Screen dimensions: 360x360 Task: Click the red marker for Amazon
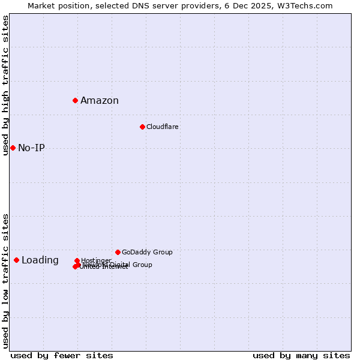point(75,100)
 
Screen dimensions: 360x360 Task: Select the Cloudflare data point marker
point(142,127)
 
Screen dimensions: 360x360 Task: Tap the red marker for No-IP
point(13,148)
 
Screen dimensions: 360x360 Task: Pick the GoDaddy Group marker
point(118,252)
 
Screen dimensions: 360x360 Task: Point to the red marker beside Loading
point(16,260)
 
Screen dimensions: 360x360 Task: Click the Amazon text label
point(100,101)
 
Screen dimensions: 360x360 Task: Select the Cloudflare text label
point(163,127)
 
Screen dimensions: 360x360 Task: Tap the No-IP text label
point(31,148)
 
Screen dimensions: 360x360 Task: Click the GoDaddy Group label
point(147,252)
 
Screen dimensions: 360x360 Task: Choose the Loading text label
point(40,260)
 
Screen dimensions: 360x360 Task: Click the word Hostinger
point(96,260)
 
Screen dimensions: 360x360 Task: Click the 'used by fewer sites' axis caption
point(62,355)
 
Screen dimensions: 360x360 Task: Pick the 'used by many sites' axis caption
point(301,355)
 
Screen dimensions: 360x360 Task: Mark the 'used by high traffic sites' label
point(5,85)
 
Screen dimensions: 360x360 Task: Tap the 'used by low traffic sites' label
point(5,281)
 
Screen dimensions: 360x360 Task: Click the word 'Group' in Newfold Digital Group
point(142,265)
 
